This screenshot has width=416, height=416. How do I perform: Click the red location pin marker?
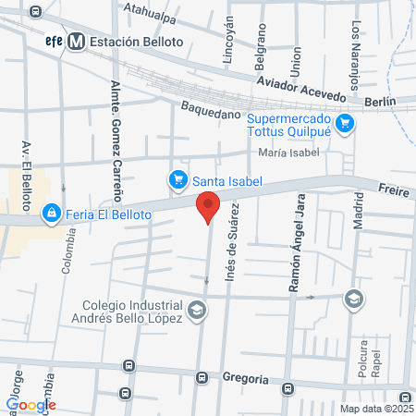click(x=208, y=209)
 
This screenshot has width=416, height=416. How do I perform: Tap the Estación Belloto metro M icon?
click(x=72, y=42)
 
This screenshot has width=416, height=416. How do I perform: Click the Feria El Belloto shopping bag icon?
click(x=52, y=214)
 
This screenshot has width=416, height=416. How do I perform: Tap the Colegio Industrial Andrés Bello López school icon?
click(x=196, y=312)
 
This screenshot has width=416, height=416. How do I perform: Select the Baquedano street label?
click(x=211, y=114)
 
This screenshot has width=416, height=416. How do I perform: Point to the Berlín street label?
click(x=380, y=100)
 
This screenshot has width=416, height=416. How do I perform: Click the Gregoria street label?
click(x=245, y=378)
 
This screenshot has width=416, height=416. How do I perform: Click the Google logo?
click(x=31, y=404)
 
